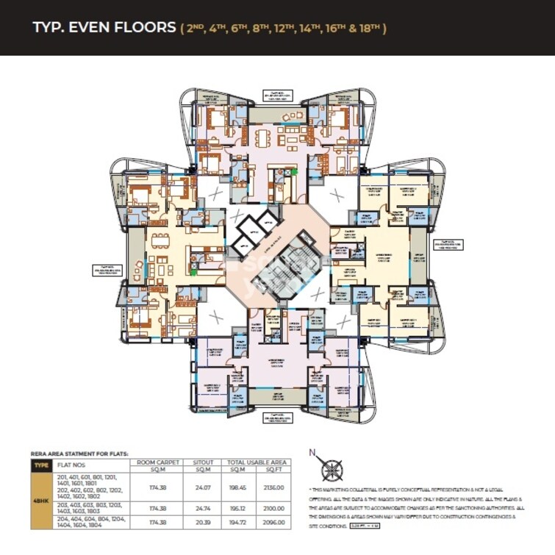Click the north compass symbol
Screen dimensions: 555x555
[332, 468]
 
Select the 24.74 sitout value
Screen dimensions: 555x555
[198, 507]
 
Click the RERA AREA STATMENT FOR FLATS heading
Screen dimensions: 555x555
[74, 454]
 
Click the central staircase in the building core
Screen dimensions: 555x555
[275, 273]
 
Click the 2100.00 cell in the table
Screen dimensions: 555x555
[273, 507]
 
